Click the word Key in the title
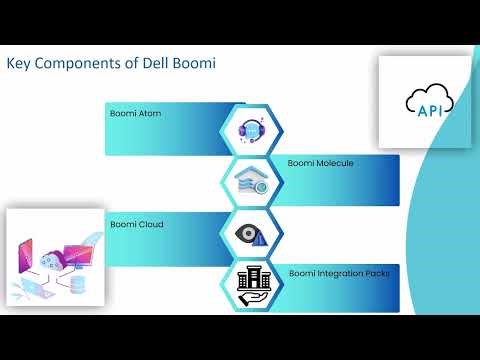(19, 65)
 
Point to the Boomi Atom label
(135, 114)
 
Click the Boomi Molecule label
(320, 162)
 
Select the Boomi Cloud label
(136, 224)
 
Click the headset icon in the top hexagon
(251, 129)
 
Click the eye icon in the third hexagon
(250, 233)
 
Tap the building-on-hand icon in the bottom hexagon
(251, 284)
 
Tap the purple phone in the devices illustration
(22, 258)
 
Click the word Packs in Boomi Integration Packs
(374, 272)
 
